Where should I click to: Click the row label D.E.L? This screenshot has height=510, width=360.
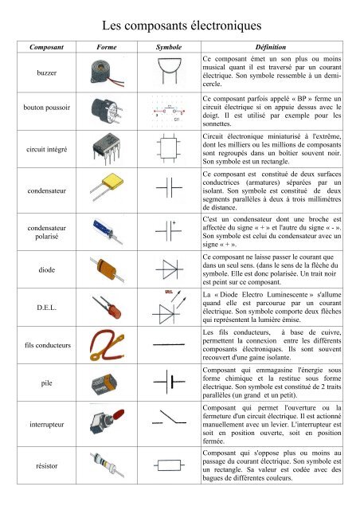click(36, 305)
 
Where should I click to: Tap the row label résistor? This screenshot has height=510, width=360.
click(36, 463)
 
